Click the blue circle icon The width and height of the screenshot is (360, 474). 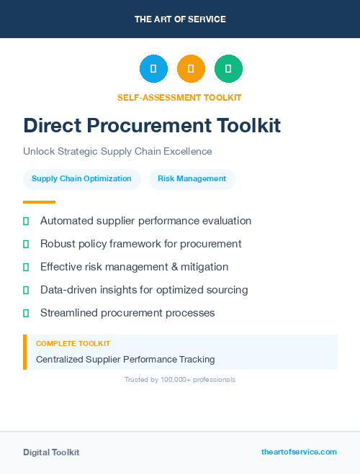(x=153, y=69)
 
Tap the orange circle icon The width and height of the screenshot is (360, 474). (x=191, y=69)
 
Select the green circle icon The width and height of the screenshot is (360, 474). (x=228, y=69)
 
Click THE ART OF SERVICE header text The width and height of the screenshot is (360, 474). (x=180, y=19)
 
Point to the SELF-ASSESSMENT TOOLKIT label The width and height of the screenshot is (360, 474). (x=180, y=97)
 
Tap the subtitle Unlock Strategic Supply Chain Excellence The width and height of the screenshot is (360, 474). (x=117, y=152)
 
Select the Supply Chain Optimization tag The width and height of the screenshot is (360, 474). (x=81, y=179)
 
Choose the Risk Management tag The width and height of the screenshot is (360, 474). (x=192, y=179)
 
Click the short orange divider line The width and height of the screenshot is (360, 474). (x=39, y=202)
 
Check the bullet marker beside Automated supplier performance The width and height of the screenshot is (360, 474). (x=26, y=221)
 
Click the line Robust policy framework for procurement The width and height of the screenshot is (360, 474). (x=140, y=244)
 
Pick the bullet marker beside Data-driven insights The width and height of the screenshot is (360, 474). (x=26, y=290)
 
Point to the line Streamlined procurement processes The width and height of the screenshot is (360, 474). (x=127, y=313)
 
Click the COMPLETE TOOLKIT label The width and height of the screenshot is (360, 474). (x=73, y=344)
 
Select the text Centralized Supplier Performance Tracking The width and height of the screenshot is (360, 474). (x=125, y=359)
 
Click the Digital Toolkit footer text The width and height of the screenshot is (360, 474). (x=51, y=452)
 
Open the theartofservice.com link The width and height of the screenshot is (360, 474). (x=299, y=452)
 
